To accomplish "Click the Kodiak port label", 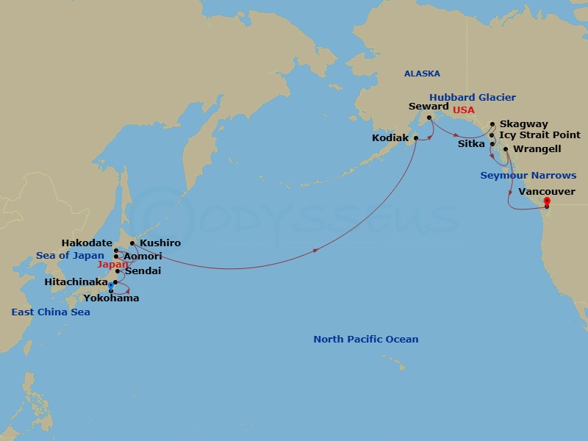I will click(x=391, y=138).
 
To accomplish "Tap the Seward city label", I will click(x=429, y=107).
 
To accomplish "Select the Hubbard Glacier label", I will click(x=473, y=97).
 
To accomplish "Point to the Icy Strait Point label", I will click(x=539, y=135).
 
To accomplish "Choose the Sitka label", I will click(x=471, y=144).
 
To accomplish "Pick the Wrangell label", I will click(x=537, y=149).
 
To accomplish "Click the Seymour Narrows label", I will click(x=528, y=176).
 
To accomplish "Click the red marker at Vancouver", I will click(x=547, y=200).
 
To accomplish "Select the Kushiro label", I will click(x=159, y=243).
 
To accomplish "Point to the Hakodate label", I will click(x=87, y=243).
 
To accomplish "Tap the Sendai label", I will click(x=143, y=271).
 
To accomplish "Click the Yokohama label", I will click(x=112, y=298).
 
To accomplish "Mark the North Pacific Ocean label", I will click(x=365, y=340).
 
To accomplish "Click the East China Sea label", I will click(x=51, y=312).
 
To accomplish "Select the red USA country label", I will click(x=463, y=110).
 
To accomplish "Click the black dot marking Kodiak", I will click(x=416, y=138).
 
